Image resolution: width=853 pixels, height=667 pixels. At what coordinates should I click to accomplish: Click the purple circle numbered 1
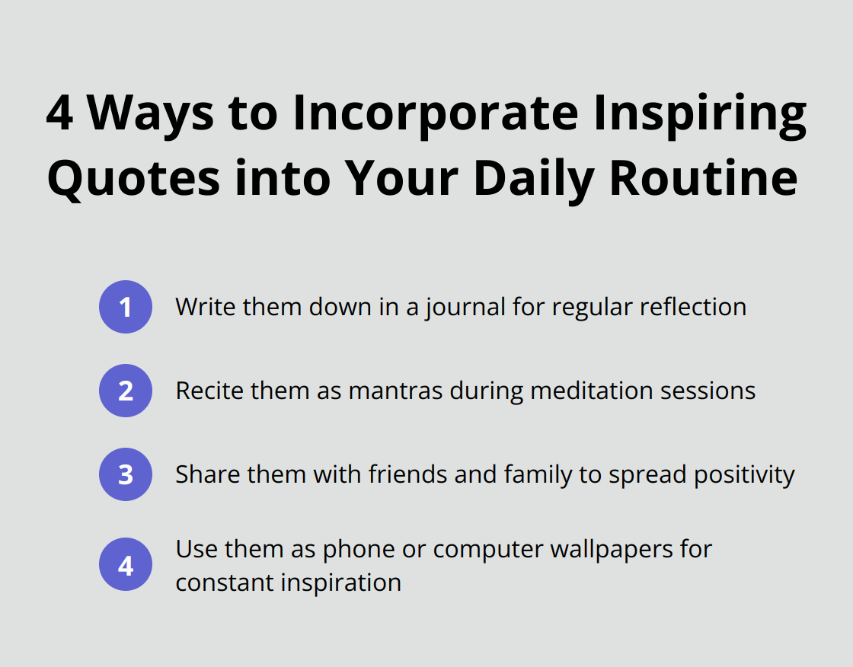point(126,307)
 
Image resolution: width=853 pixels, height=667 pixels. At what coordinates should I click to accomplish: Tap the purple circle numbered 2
point(126,391)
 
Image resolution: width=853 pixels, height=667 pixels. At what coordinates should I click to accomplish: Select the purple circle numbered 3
point(126,474)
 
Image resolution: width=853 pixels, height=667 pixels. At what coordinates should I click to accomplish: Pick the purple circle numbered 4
point(126,566)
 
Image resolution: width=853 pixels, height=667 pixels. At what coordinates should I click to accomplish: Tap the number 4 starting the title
point(61,114)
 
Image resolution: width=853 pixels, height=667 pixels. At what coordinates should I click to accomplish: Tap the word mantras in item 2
point(396,391)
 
